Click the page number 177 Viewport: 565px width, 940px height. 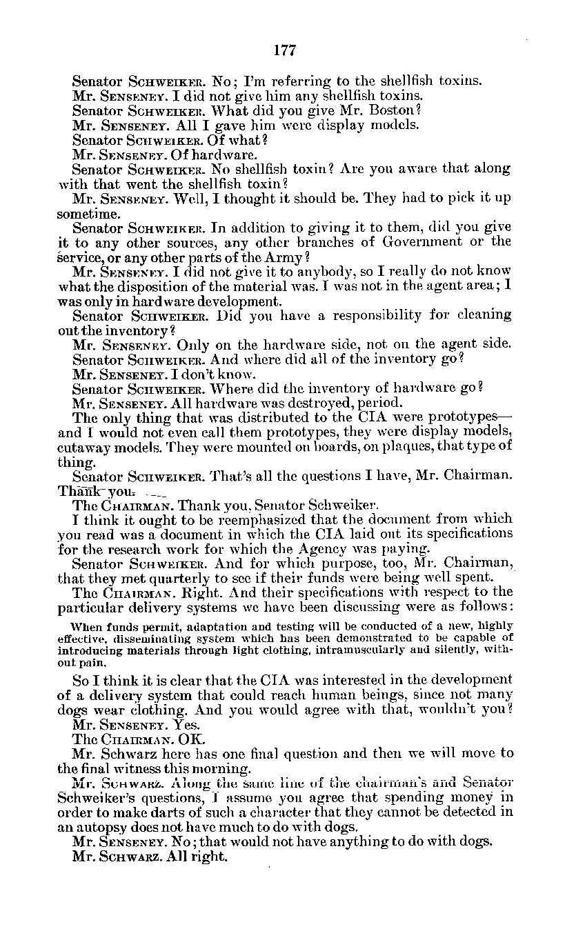(284, 50)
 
